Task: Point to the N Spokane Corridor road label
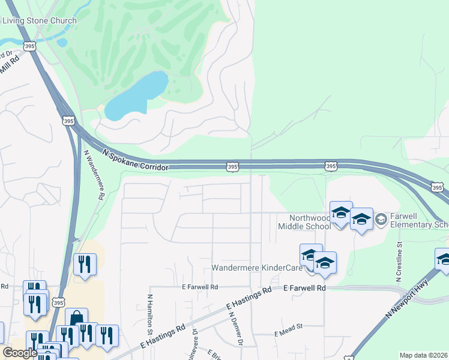pos(136,161)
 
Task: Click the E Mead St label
pos(289,334)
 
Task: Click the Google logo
pos(20,353)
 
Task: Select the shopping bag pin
pos(77,319)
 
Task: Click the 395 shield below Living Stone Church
pos(29,46)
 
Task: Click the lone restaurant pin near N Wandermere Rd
pos(85,264)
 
